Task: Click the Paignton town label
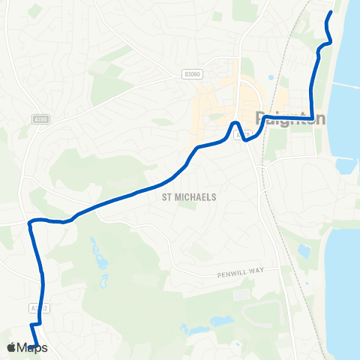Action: [x=292, y=118]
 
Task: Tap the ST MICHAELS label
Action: [x=189, y=196]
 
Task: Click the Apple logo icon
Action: [x=10, y=347]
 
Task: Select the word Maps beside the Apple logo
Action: [x=33, y=348]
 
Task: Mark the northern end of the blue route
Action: [x=331, y=13]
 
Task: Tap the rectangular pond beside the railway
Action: [x=304, y=250]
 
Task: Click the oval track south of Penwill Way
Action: [x=241, y=295]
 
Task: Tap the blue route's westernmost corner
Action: [x=30, y=222]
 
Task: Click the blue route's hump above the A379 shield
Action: [x=235, y=123]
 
